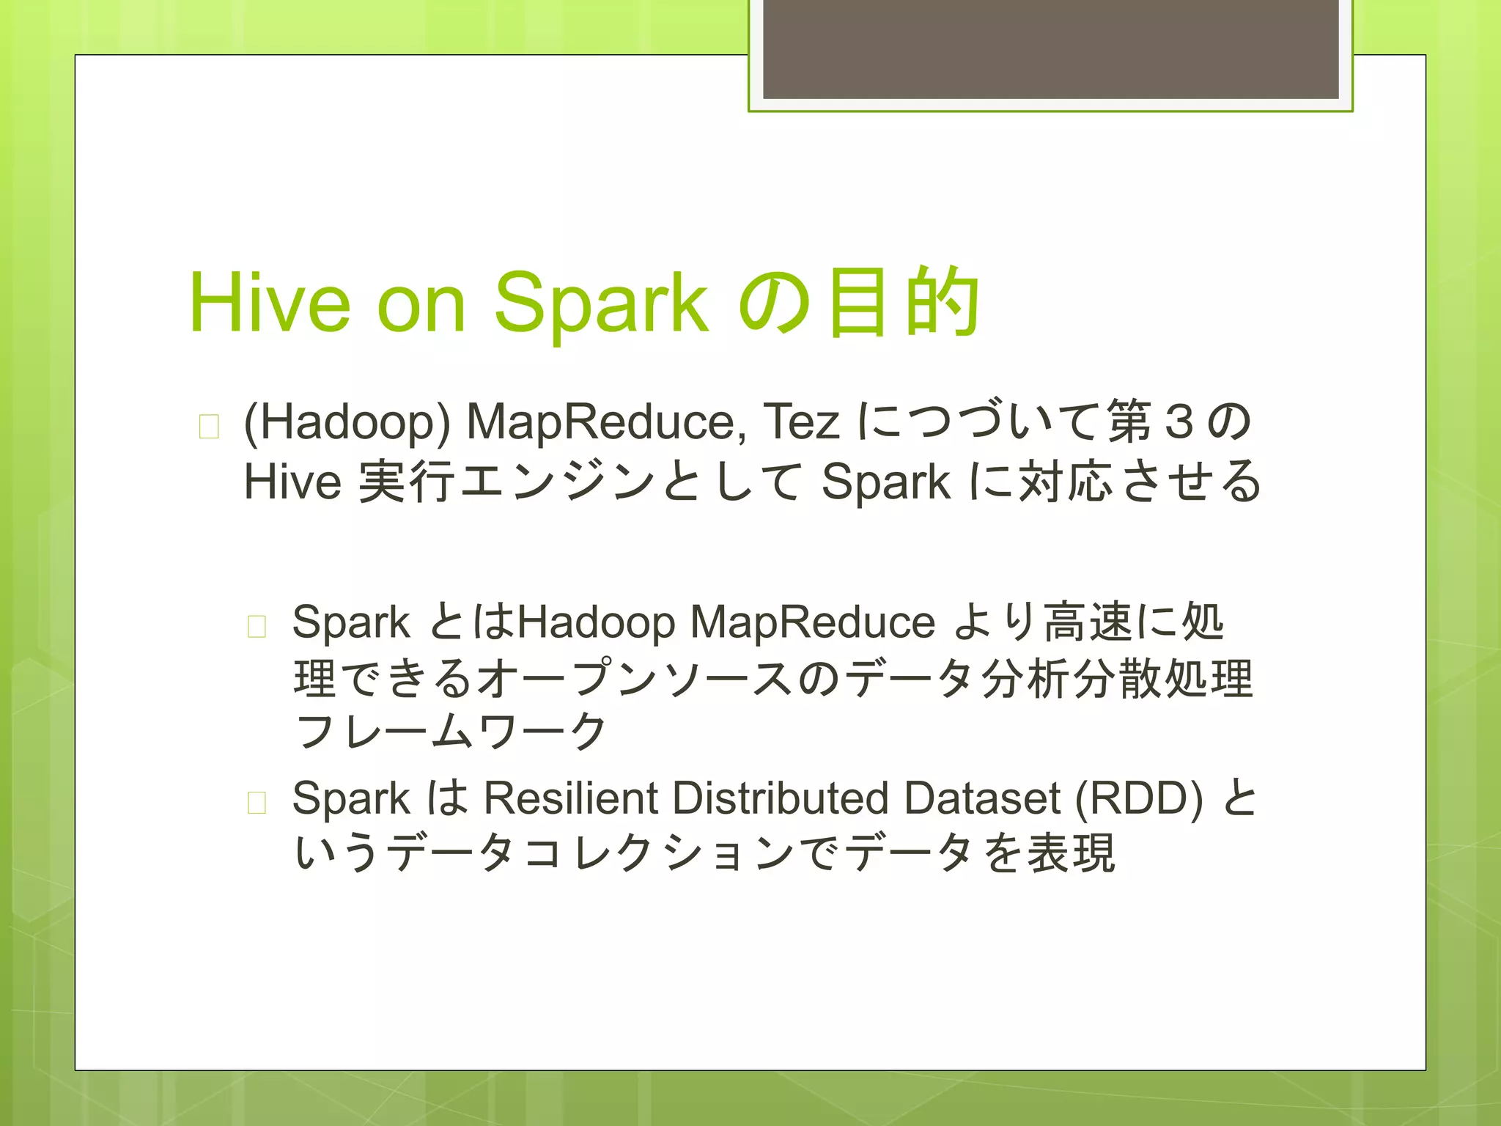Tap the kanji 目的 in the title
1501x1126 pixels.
[x=903, y=303]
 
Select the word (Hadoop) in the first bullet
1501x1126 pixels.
[x=347, y=423]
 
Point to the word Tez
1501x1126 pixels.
[x=801, y=423]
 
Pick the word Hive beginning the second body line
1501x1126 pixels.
[x=292, y=482]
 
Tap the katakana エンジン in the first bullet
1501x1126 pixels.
[x=557, y=482]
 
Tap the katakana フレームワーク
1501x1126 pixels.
[x=450, y=732]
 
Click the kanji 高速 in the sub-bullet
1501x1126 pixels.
[x=1088, y=622]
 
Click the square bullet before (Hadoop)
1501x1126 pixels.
[x=209, y=426]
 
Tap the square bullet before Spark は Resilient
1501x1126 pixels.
[x=257, y=803]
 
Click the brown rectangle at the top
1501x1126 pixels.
[x=1050, y=49]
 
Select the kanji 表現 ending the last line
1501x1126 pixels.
[x=1071, y=853]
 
